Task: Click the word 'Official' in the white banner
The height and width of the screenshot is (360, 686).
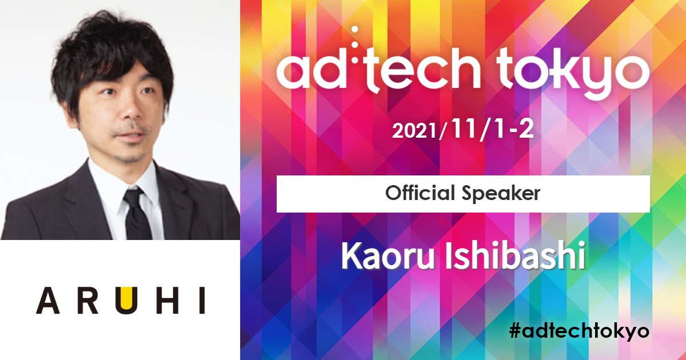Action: click(x=420, y=193)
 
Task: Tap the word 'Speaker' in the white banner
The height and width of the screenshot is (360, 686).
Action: click(x=501, y=194)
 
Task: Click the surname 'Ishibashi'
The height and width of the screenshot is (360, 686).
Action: click(x=515, y=255)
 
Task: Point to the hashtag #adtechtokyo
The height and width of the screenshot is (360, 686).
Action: click(x=579, y=331)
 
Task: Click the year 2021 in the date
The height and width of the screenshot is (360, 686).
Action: click(x=415, y=131)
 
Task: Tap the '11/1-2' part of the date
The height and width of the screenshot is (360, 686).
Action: click(x=492, y=130)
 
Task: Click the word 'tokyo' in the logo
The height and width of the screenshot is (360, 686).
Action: click(x=573, y=74)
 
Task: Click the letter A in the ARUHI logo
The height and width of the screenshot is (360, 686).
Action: click(x=48, y=301)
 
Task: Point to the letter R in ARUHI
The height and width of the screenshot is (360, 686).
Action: click(x=87, y=301)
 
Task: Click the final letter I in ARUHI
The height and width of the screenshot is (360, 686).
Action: click(x=202, y=301)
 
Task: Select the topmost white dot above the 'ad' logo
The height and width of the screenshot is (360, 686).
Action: click(x=355, y=30)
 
